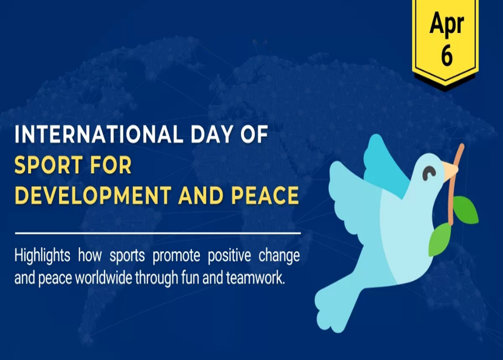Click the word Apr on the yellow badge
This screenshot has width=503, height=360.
pos(447,23)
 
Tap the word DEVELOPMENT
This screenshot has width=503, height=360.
pos(93,195)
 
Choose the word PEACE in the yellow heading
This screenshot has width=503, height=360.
pos(265,195)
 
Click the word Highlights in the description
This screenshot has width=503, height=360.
pos(43,256)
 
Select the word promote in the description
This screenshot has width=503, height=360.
pos(176,256)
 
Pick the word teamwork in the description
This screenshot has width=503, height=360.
pos(255,278)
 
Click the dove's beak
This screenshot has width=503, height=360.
pos(451,170)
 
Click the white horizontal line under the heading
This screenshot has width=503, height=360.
pos(158,233)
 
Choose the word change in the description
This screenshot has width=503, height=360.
pos(279,256)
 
